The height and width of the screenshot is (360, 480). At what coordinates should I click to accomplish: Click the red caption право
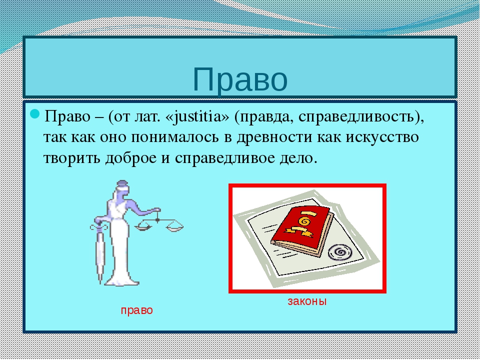tap(136, 310)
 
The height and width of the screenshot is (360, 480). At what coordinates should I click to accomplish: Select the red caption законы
tap(306, 301)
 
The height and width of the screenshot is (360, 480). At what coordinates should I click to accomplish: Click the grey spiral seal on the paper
tap(342, 250)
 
